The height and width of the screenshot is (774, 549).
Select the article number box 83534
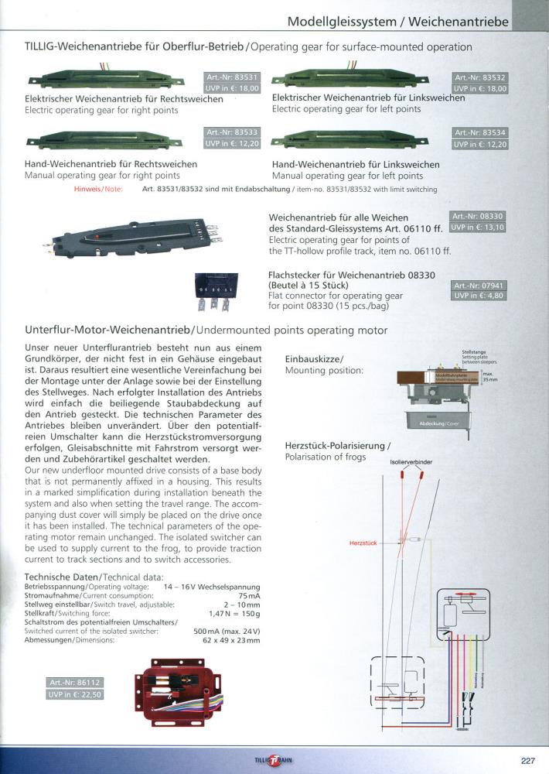[479, 133]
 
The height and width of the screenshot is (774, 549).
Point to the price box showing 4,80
[479, 296]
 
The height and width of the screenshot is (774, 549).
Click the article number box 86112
[75, 683]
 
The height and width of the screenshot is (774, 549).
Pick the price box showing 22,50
[75, 694]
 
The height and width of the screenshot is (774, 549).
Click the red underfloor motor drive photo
[179, 695]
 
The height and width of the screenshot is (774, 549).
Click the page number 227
[527, 760]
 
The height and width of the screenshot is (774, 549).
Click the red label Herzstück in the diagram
[363, 544]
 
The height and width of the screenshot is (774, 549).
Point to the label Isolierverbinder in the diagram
[411, 461]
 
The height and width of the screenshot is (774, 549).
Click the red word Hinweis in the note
[89, 189]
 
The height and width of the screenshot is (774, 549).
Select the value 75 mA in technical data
[249, 596]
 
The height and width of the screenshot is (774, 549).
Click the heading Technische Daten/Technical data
[94, 577]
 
